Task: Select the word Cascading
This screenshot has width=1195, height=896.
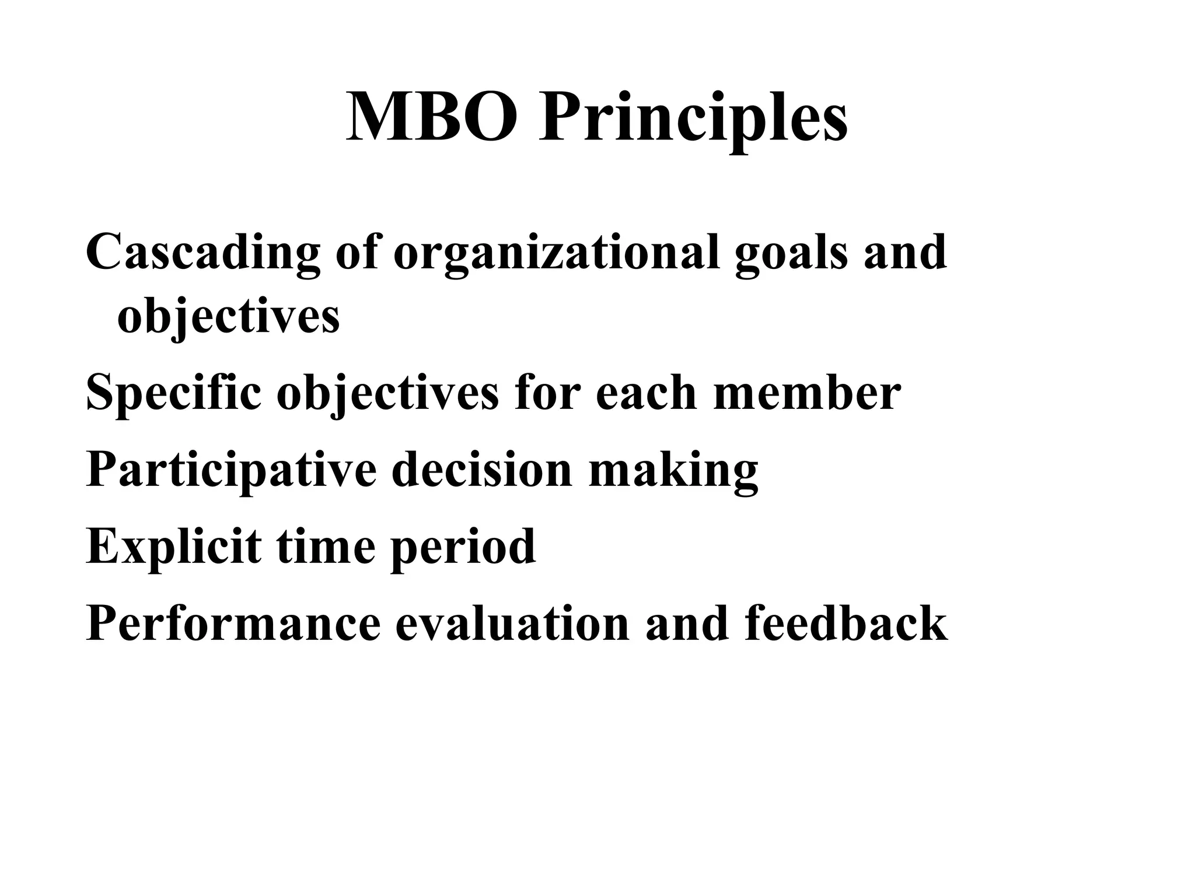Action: (203, 253)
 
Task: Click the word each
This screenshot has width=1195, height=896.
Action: (647, 392)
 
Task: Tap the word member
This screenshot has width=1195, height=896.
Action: (807, 392)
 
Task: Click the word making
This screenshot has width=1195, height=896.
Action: (673, 470)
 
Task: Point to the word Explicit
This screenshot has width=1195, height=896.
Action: (173, 547)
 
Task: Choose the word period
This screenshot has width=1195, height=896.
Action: (462, 547)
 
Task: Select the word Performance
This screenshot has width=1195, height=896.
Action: (233, 624)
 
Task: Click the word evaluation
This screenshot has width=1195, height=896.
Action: (512, 622)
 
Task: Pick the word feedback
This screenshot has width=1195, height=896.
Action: (845, 622)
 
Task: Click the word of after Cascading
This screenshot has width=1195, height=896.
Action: (357, 251)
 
